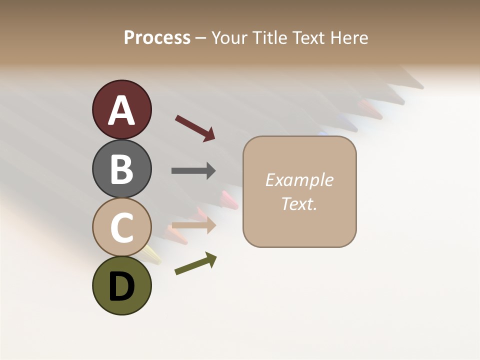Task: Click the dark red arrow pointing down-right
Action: [x=195, y=127]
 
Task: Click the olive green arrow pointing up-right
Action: [x=195, y=264]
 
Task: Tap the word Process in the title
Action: [x=157, y=37]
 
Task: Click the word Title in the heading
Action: [x=270, y=37]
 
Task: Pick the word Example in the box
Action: [x=299, y=180]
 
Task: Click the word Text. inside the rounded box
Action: [x=299, y=203]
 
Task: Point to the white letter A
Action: [x=121, y=110]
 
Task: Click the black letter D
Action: [x=121, y=287]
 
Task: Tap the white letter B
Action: [x=121, y=169]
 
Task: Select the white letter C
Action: [x=121, y=228]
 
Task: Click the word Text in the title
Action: [x=309, y=37]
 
